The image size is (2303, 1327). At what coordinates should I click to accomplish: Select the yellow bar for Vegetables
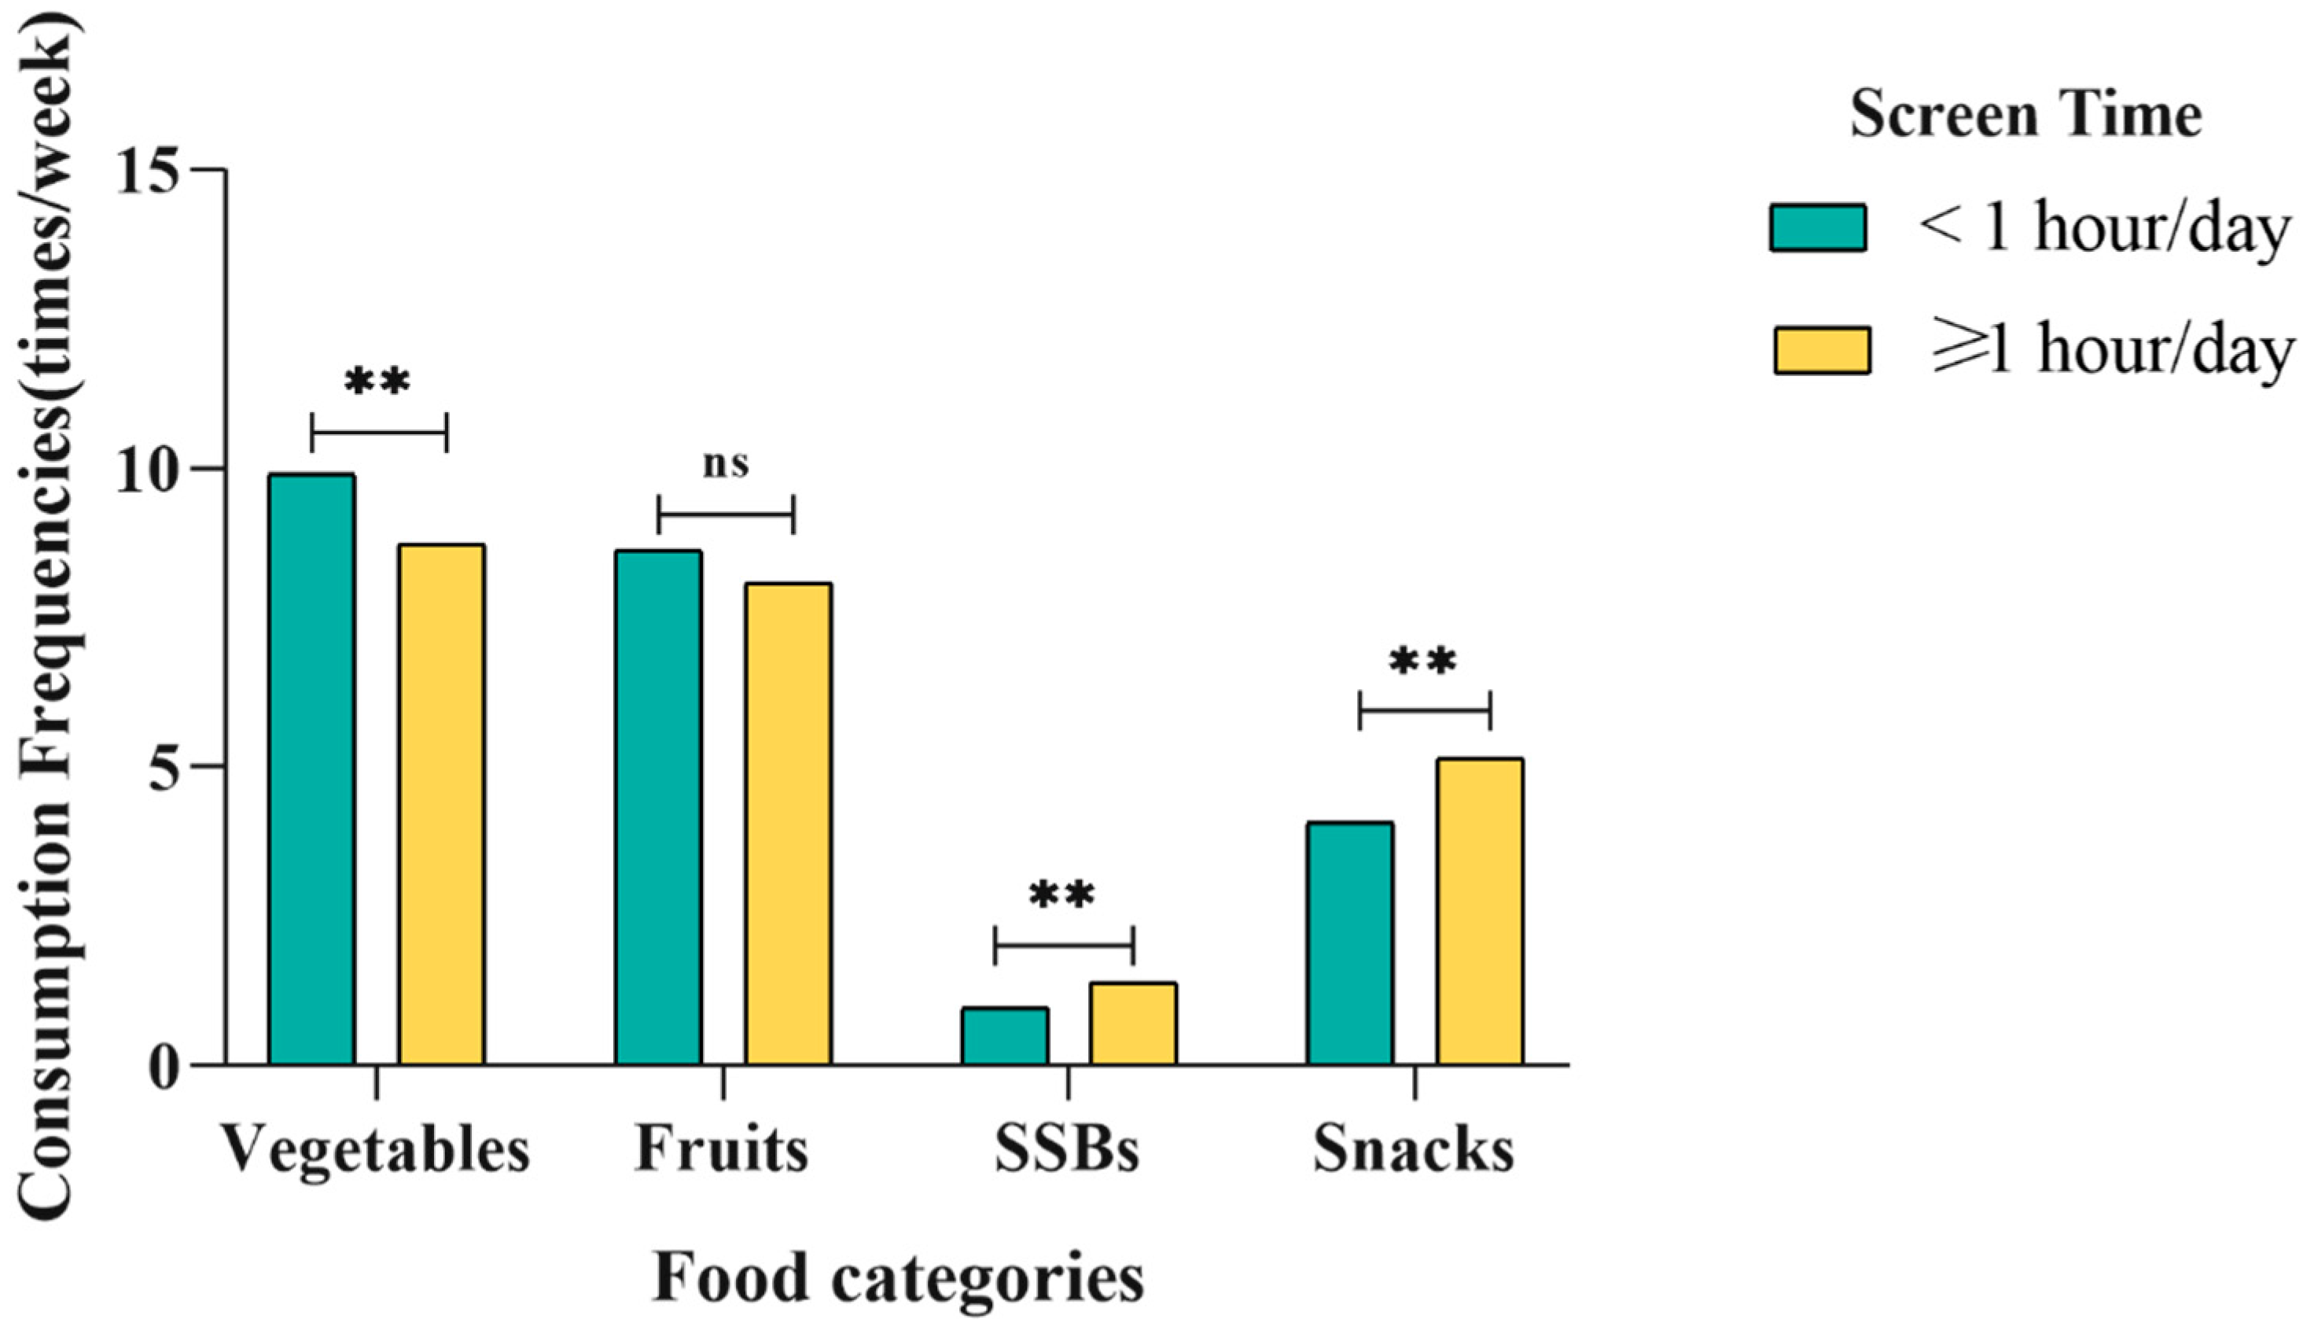tap(441, 804)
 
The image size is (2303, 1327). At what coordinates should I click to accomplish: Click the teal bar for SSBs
tap(1005, 1035)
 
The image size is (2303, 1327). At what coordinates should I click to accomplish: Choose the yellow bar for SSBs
tap(1133, 1023)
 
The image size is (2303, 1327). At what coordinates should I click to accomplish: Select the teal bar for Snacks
tap(1350, 942)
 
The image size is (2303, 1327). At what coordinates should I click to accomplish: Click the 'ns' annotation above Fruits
tap(726, 464)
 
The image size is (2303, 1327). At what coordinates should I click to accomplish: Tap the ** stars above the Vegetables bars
tap(377, 384)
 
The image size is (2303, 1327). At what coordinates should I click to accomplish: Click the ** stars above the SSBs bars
tap(1062, 897)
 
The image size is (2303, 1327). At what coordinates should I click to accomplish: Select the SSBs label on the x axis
tap(1067, 1150)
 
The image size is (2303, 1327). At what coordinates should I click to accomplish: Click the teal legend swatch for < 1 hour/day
tap(1817, 228)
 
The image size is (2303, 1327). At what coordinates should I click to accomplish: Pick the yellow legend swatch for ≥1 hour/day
tap(1821, 351)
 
